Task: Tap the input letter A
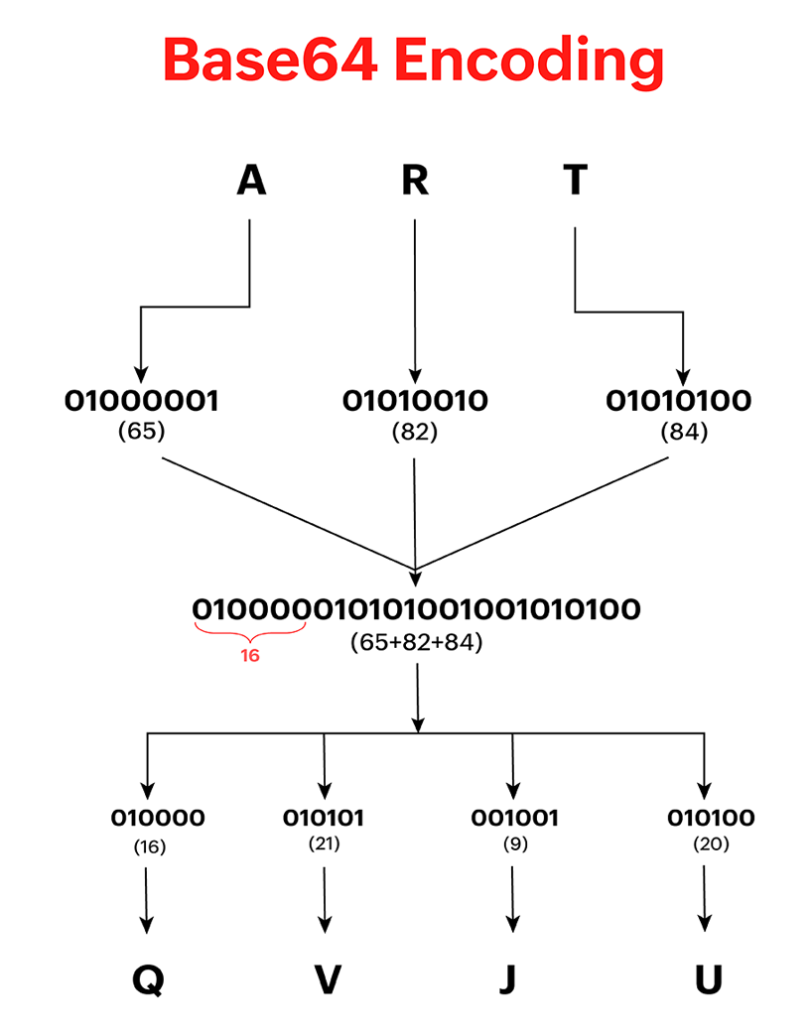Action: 251,181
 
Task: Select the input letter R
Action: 414,181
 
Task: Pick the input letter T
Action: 575,181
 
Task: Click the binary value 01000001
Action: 142,401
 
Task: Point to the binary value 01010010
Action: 415,401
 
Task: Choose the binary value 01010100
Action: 679,401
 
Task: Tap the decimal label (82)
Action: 415,433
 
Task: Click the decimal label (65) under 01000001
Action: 141,433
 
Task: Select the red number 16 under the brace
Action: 249,655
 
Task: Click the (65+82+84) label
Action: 416,641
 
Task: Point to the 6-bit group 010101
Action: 324,818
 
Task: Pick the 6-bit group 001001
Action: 513,818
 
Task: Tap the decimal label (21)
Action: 324,845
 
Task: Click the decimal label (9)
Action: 513,845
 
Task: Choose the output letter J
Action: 508,980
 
